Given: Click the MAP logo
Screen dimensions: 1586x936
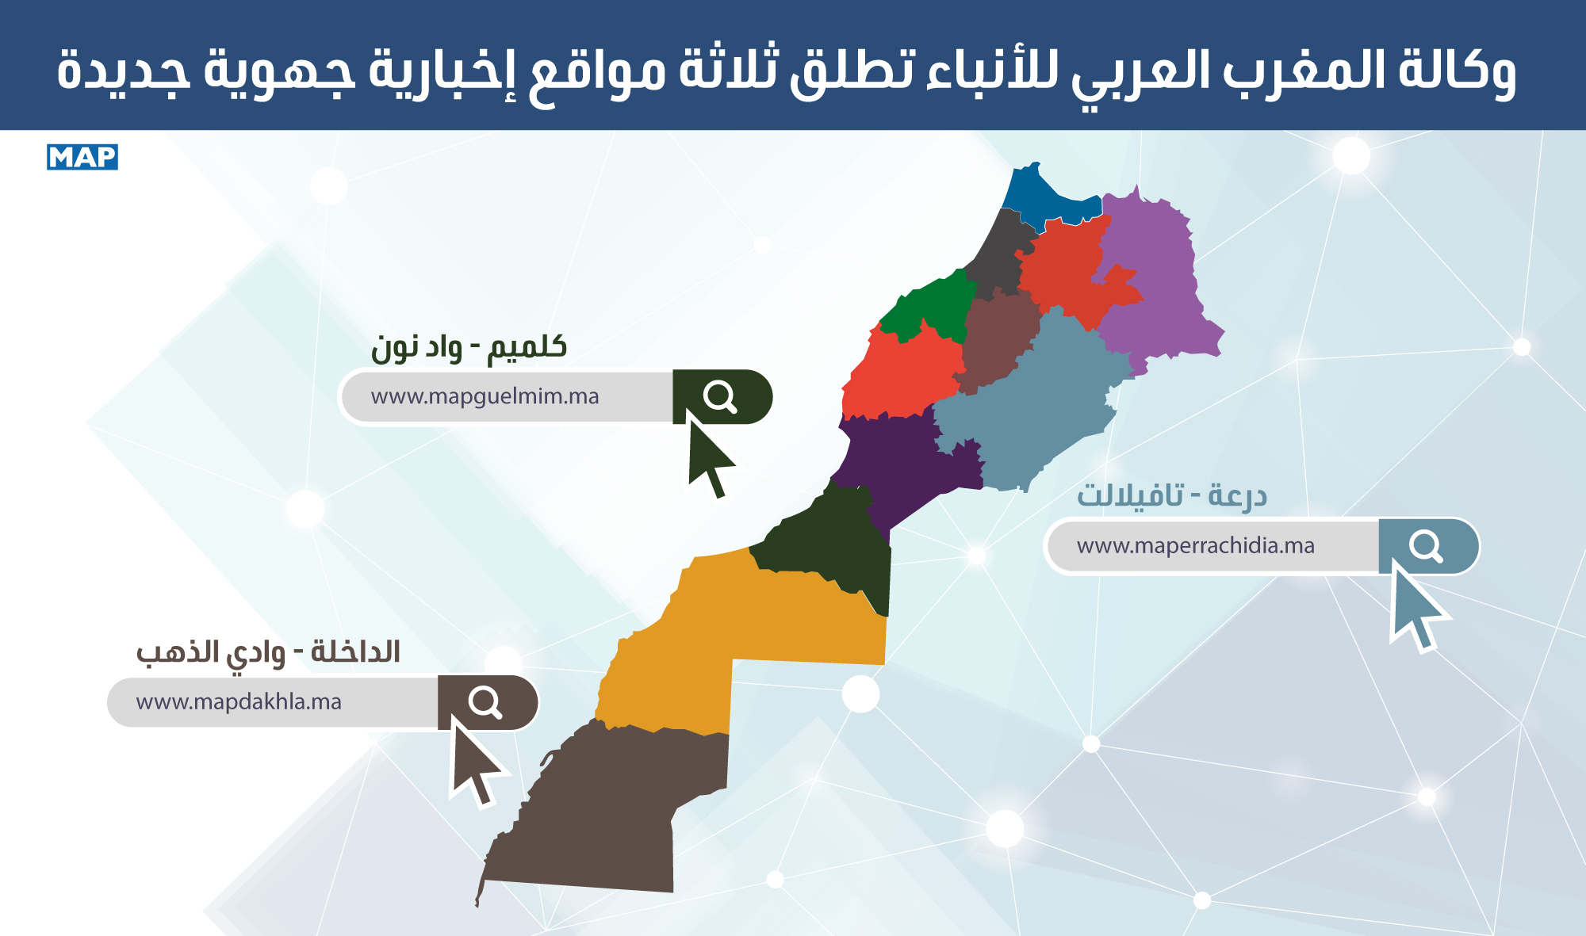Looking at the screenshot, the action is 82,157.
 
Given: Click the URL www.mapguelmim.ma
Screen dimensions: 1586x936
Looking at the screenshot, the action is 485,396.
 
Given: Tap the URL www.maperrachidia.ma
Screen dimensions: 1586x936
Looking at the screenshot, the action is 1196,546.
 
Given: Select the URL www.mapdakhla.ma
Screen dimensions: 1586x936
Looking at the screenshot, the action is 239,702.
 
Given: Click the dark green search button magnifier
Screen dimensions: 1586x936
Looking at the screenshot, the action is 720,396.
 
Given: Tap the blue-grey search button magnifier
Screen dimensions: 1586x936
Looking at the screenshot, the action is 1426,546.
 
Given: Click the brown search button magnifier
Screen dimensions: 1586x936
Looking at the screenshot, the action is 485,702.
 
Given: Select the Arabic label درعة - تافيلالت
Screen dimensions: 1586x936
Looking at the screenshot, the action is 1171,496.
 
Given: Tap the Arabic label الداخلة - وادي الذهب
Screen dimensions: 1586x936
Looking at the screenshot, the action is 268,653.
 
